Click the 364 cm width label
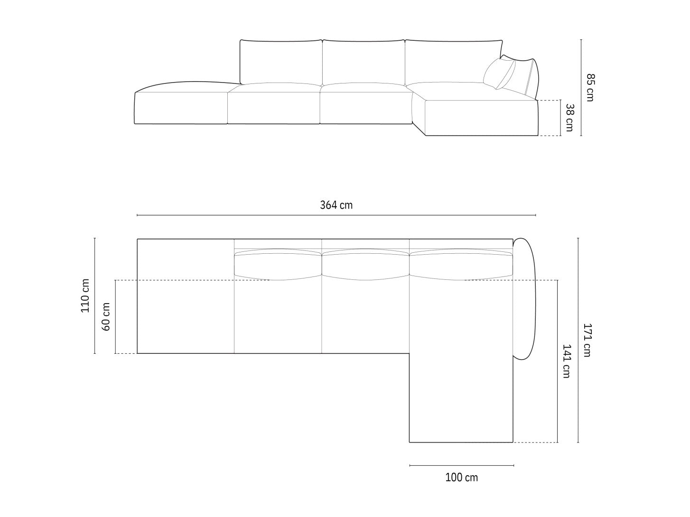point(336,205)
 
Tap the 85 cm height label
point(590,87)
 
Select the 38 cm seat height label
point(569,118)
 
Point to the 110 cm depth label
point(85,295)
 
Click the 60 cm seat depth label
point(106,317)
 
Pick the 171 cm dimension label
point(587,340)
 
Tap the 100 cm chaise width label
point(461,478)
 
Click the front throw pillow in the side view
point(499,74)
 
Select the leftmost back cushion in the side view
point(281,62)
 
